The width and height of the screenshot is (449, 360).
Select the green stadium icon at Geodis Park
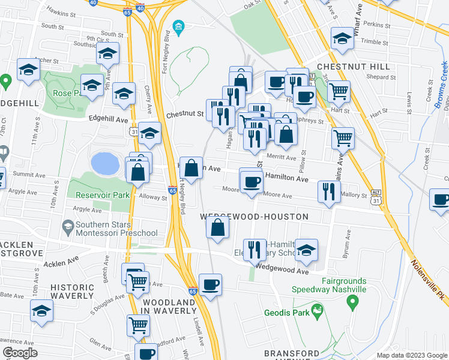click(318, 312)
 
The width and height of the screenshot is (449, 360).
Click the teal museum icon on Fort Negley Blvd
click(178, 27)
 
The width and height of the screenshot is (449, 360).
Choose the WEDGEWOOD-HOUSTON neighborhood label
click(254, 216)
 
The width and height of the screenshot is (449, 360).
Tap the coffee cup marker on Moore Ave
click(252, 181)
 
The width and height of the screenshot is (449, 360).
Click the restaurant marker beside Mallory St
click(328, 191)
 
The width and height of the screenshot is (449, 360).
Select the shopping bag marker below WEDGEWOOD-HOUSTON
click(217, 228)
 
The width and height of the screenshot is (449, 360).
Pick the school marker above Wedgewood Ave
click(306, 251)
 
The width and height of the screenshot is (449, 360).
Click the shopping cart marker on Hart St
click(339, 92)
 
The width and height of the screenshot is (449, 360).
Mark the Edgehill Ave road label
click(109, 119)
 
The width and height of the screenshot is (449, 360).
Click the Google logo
click(20, 353)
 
